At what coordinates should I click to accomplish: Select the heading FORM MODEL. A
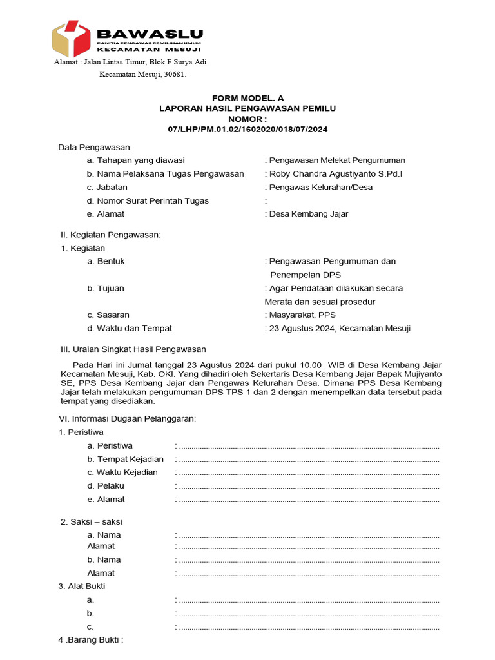[247, 98]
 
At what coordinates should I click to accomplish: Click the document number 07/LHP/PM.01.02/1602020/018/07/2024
[247, 130]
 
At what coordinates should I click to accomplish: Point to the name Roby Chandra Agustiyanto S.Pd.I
[338, 174]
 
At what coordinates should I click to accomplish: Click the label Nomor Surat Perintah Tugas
[148, 201]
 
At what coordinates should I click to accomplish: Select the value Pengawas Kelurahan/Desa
[320, 188]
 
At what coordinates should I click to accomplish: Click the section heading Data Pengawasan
[94, 148]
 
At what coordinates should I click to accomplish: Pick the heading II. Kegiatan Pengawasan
[110, 235]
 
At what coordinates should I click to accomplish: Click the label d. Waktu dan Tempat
[129, 329]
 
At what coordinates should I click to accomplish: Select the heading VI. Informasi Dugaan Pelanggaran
[127, 419]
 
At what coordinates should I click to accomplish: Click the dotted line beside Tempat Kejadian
[308, 460]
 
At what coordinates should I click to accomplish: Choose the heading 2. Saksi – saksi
[91, 521]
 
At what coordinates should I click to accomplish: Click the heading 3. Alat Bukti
[82, 587]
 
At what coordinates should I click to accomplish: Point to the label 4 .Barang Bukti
[90, 640]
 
